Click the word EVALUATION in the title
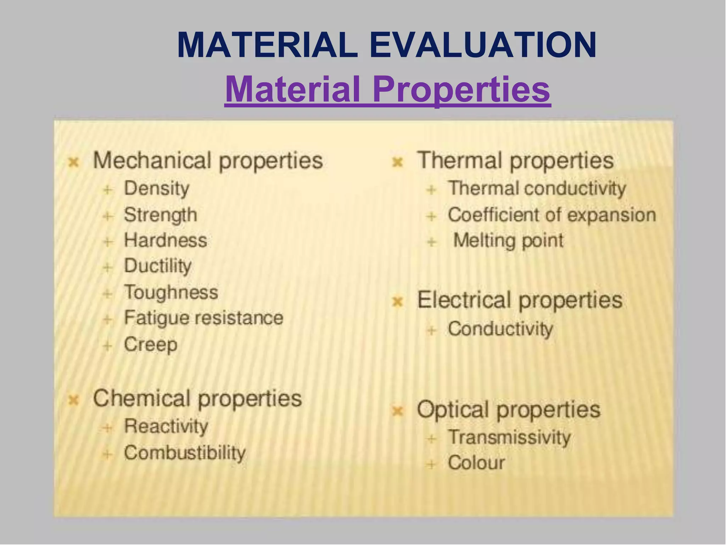[483, 45]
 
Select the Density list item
[156, 188]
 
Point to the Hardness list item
[165, 240]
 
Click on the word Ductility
[157, 266]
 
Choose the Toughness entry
[171, 292]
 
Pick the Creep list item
[150, 344]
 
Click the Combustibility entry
[184, 453]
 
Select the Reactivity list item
[166, 426]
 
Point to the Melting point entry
[508, 240]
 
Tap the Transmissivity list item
[509, 437]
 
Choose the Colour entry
[476, 463]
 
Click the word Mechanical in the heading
[152, 160]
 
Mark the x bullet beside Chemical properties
[73, 400]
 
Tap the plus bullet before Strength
[108, 215]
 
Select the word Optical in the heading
[452, 410]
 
